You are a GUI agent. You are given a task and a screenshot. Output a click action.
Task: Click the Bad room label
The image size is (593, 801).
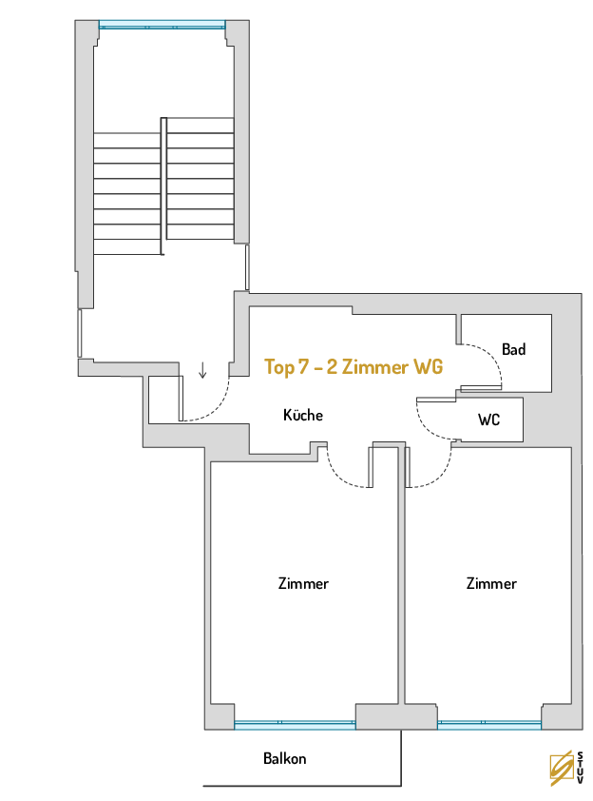pos(513,349)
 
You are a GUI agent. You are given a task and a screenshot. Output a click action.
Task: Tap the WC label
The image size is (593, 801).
pos(488,420)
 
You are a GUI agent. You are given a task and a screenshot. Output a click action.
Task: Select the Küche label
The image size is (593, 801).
pos(303,414)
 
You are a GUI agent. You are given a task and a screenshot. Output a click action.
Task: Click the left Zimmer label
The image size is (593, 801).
pos(303,583)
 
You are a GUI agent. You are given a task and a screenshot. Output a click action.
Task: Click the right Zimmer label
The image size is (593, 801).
pos(491,583)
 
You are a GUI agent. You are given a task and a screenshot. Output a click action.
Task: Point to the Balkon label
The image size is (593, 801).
pos(285,758)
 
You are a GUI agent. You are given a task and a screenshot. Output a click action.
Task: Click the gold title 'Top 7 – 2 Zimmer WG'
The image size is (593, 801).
pos(354,367)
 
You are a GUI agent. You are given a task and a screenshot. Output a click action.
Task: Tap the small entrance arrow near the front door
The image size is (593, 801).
pos(202,370)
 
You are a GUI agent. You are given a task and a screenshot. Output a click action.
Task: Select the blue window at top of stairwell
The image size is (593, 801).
pos(163,25)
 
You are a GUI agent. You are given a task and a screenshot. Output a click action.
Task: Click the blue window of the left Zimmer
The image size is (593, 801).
pos(295,724)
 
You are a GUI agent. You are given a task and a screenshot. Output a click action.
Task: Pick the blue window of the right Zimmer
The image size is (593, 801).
pos(489,724)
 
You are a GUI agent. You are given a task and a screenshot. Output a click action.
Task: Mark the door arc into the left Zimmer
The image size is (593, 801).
pos(336,476)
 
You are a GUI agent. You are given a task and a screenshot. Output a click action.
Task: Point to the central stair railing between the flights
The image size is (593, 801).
pos(163,186)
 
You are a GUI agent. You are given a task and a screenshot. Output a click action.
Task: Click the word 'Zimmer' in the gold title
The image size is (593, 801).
pos(375,367)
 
